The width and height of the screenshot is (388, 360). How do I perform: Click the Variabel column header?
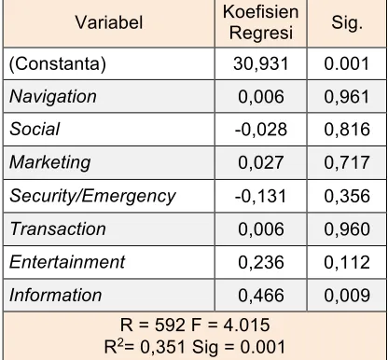click(109, 22)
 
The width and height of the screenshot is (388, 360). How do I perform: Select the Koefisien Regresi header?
click(261, 22)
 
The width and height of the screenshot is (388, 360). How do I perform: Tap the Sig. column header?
click(347, 22)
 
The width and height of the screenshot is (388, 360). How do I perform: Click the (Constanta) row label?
click(58, 63)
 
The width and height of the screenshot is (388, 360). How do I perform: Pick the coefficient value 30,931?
click(261, 64)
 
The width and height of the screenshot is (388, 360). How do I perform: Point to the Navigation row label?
click(53, 97)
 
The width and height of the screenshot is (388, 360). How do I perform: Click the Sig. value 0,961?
click(347, 97)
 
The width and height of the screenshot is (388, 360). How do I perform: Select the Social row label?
click(35, 129)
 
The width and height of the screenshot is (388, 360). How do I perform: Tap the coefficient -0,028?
click(261, 130)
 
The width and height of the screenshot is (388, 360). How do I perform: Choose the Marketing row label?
click(50, 162)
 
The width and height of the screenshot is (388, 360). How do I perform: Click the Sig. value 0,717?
click(347, 162)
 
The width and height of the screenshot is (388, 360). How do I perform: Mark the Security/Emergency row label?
click(92, 196)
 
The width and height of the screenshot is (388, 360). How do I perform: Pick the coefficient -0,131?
click(260, 196)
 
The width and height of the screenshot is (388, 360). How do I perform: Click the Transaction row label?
click(58, 228)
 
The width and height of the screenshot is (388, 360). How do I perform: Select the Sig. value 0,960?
click(347, 229)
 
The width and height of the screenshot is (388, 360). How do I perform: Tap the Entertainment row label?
click(67, 262)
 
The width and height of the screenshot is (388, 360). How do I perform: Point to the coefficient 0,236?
click(261, 262)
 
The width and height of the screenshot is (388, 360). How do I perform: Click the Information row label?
click(56, 295)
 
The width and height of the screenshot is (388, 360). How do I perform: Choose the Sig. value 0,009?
click(347, 295)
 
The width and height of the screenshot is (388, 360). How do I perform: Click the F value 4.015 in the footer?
click(246, 325)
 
